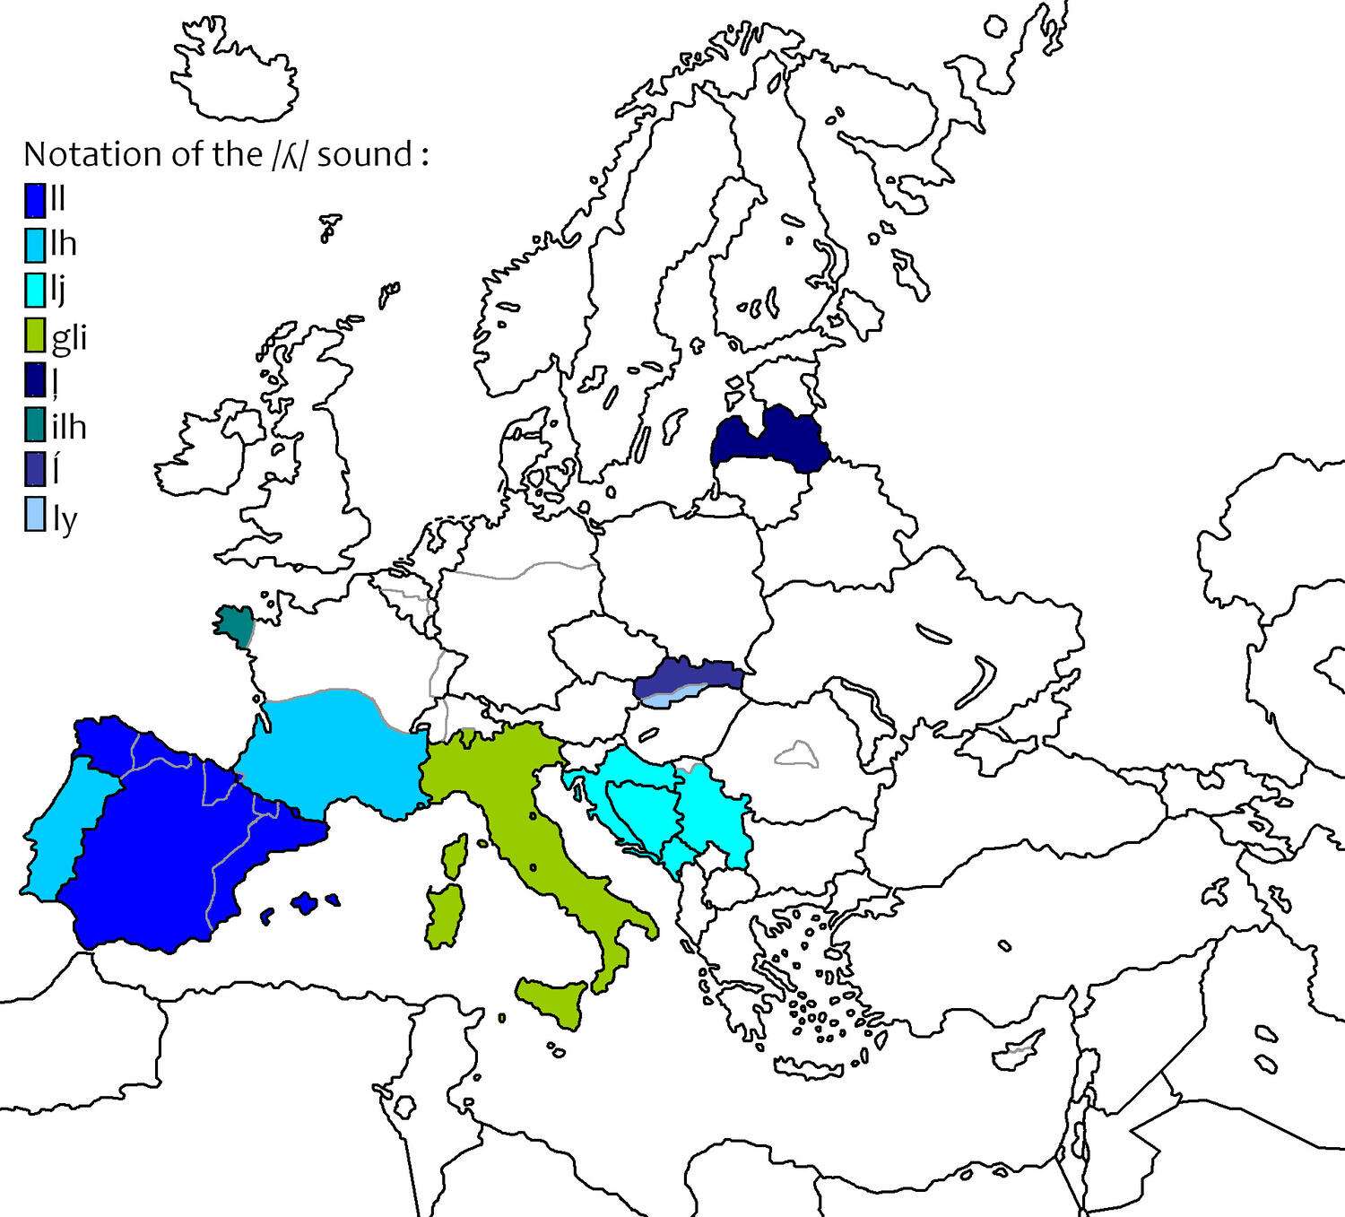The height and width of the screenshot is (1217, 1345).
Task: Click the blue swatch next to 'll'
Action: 34,199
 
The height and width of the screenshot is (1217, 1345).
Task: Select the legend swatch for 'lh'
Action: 34,244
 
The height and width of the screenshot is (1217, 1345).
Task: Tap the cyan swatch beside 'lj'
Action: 34,290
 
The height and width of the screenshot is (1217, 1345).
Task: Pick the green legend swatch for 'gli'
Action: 34,335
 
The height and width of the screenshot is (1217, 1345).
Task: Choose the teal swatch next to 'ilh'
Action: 34,425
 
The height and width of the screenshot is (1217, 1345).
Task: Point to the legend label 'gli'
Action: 69,338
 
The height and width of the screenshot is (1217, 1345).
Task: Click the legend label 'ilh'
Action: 69,426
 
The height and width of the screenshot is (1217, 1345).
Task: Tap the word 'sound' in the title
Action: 364,154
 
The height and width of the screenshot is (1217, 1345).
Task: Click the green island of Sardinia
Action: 443,915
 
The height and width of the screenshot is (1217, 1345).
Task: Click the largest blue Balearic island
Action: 306,903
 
